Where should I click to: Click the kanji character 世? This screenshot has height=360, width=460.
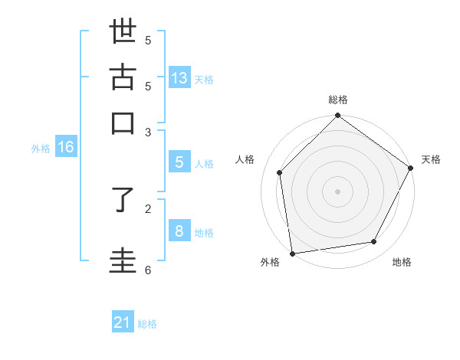[123, 34]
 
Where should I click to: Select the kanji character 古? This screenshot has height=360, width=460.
[123, 78]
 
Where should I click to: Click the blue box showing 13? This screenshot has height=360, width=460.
[179, 78]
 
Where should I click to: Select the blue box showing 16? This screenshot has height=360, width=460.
[66, 147]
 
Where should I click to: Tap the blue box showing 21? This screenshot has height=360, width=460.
[123, 322]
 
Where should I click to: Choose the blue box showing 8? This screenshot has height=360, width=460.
[179, 231]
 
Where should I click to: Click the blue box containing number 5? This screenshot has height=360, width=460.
[179, 162]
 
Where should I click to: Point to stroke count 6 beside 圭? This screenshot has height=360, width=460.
[148, 270]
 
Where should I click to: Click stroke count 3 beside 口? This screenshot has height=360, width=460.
[148, 131]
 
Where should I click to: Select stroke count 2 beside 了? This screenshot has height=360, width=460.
[148, 208]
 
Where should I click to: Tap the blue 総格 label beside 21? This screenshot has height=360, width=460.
[147, 324]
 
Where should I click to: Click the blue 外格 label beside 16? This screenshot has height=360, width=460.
[41, 149]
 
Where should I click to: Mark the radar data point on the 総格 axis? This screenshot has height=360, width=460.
[337, 116]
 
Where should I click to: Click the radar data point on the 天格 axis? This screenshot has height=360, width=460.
[411, 168]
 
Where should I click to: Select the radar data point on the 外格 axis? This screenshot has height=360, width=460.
[292, 253]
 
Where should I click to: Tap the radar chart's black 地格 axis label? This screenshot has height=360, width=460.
[402, 262]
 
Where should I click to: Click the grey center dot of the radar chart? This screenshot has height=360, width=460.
[337, 191]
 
